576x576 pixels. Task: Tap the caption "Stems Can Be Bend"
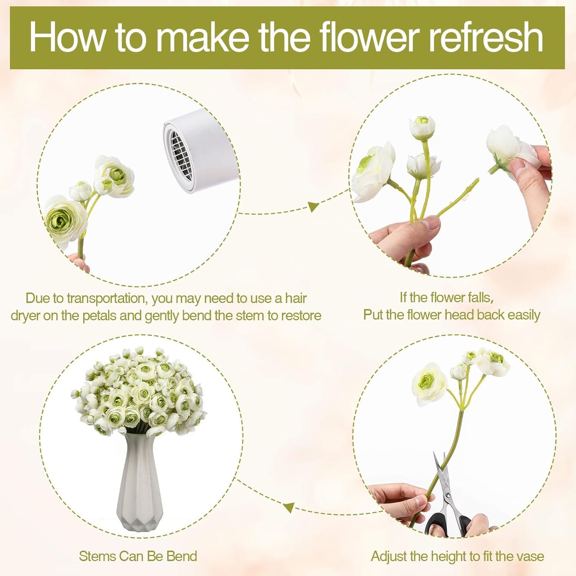138,556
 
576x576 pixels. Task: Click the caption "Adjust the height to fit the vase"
457,556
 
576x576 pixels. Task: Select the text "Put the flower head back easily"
452,315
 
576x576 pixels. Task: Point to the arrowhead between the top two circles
313,207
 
